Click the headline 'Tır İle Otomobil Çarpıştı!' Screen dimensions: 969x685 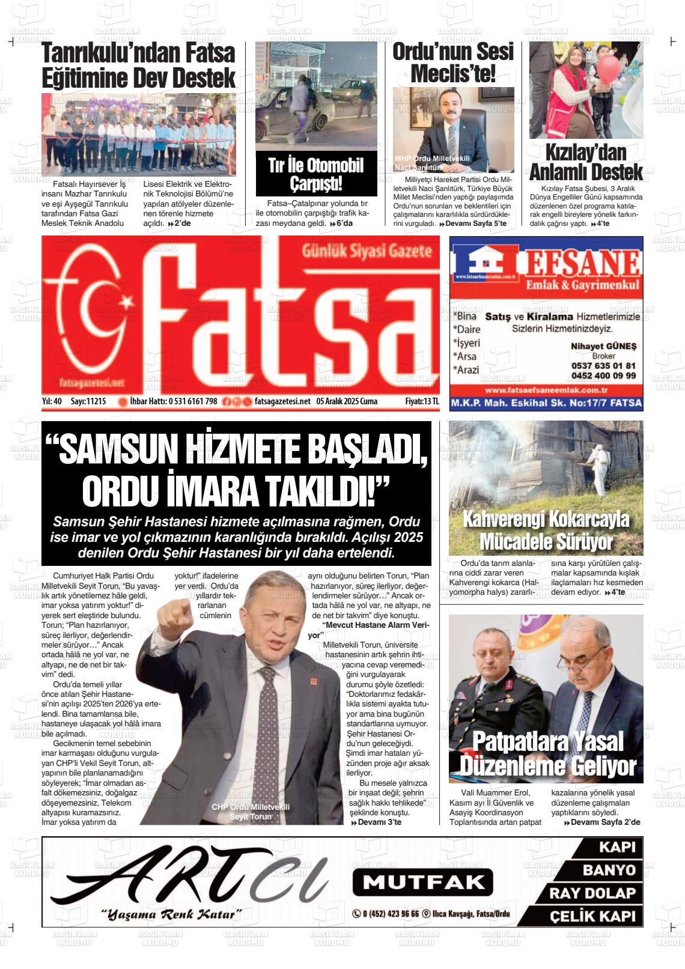click(316, 174)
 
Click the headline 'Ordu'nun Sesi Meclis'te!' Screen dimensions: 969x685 click(453, 63)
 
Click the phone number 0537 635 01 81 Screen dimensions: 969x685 click(603, 365)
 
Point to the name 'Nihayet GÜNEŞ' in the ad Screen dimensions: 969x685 click(603, 346)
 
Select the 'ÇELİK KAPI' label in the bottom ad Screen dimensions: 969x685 click(591, 917)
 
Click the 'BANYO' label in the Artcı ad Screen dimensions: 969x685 click(608, 870)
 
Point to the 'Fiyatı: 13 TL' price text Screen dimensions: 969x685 click(422, 401)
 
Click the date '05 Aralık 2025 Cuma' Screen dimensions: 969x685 click(347, 401)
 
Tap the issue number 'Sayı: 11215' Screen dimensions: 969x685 click(88, 401)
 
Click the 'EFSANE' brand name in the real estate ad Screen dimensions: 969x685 click(580, 263)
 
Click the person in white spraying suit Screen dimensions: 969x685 click(596, 463)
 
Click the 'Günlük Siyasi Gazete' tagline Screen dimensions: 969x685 click(367, 251)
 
